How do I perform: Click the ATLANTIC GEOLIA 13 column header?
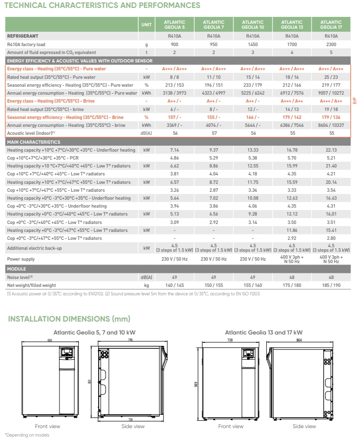pyautogui.click(x=292, y=25)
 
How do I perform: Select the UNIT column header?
pyautogui.click(x=146, y=25)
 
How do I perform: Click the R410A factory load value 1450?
pyautogui.click(x=252, y=44)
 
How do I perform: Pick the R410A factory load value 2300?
pyautogui.click(x=331, y=44)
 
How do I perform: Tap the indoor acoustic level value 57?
pyautogui.click(x=214, y=133)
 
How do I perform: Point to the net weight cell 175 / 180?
pyautogui.click(x=292, y=285)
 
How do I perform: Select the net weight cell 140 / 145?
pyautogui.click(x=175, y=285)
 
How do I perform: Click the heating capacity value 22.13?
pyautogui.click(x=331, y=150)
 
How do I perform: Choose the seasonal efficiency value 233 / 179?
pyautogui.click(x=252, y=85)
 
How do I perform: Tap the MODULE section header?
pyautogui.click(x=17, y=269)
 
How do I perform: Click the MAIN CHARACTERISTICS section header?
pyautogui.click(x=33, y=142)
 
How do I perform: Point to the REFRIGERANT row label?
pyautogui.click(x=23, y=36)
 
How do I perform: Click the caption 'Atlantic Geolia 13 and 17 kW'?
pyautogui.click(x=263, y=332)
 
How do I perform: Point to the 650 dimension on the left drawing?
pyautogui.click(x=50, y=340)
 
